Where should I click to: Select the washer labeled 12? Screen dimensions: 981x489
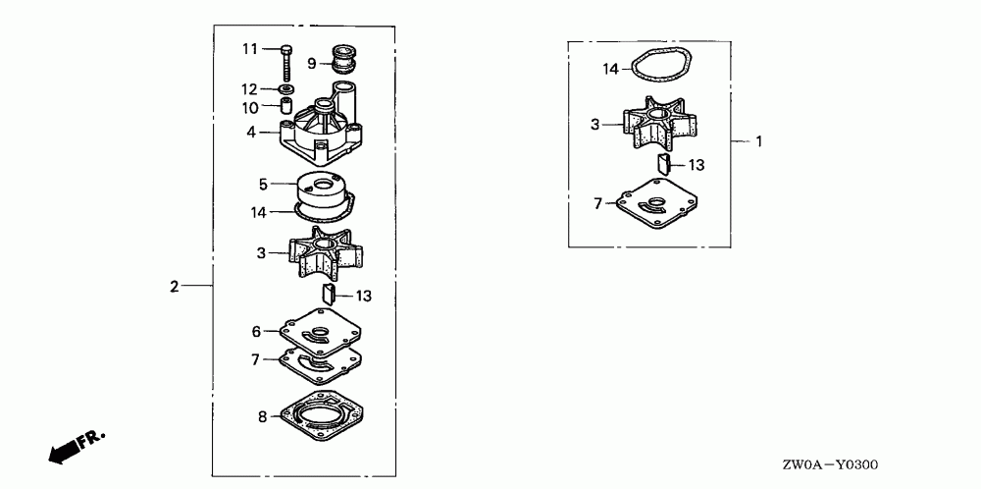[284, 89]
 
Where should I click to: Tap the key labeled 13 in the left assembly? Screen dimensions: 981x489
[331, 292]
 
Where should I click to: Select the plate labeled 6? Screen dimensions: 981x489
[320, 333]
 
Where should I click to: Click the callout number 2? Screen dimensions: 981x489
[174, 287]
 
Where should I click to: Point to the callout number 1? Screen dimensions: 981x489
[757, 141]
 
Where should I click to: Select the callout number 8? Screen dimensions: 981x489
[262, 416]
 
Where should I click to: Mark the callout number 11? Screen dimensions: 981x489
[250, 49]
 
